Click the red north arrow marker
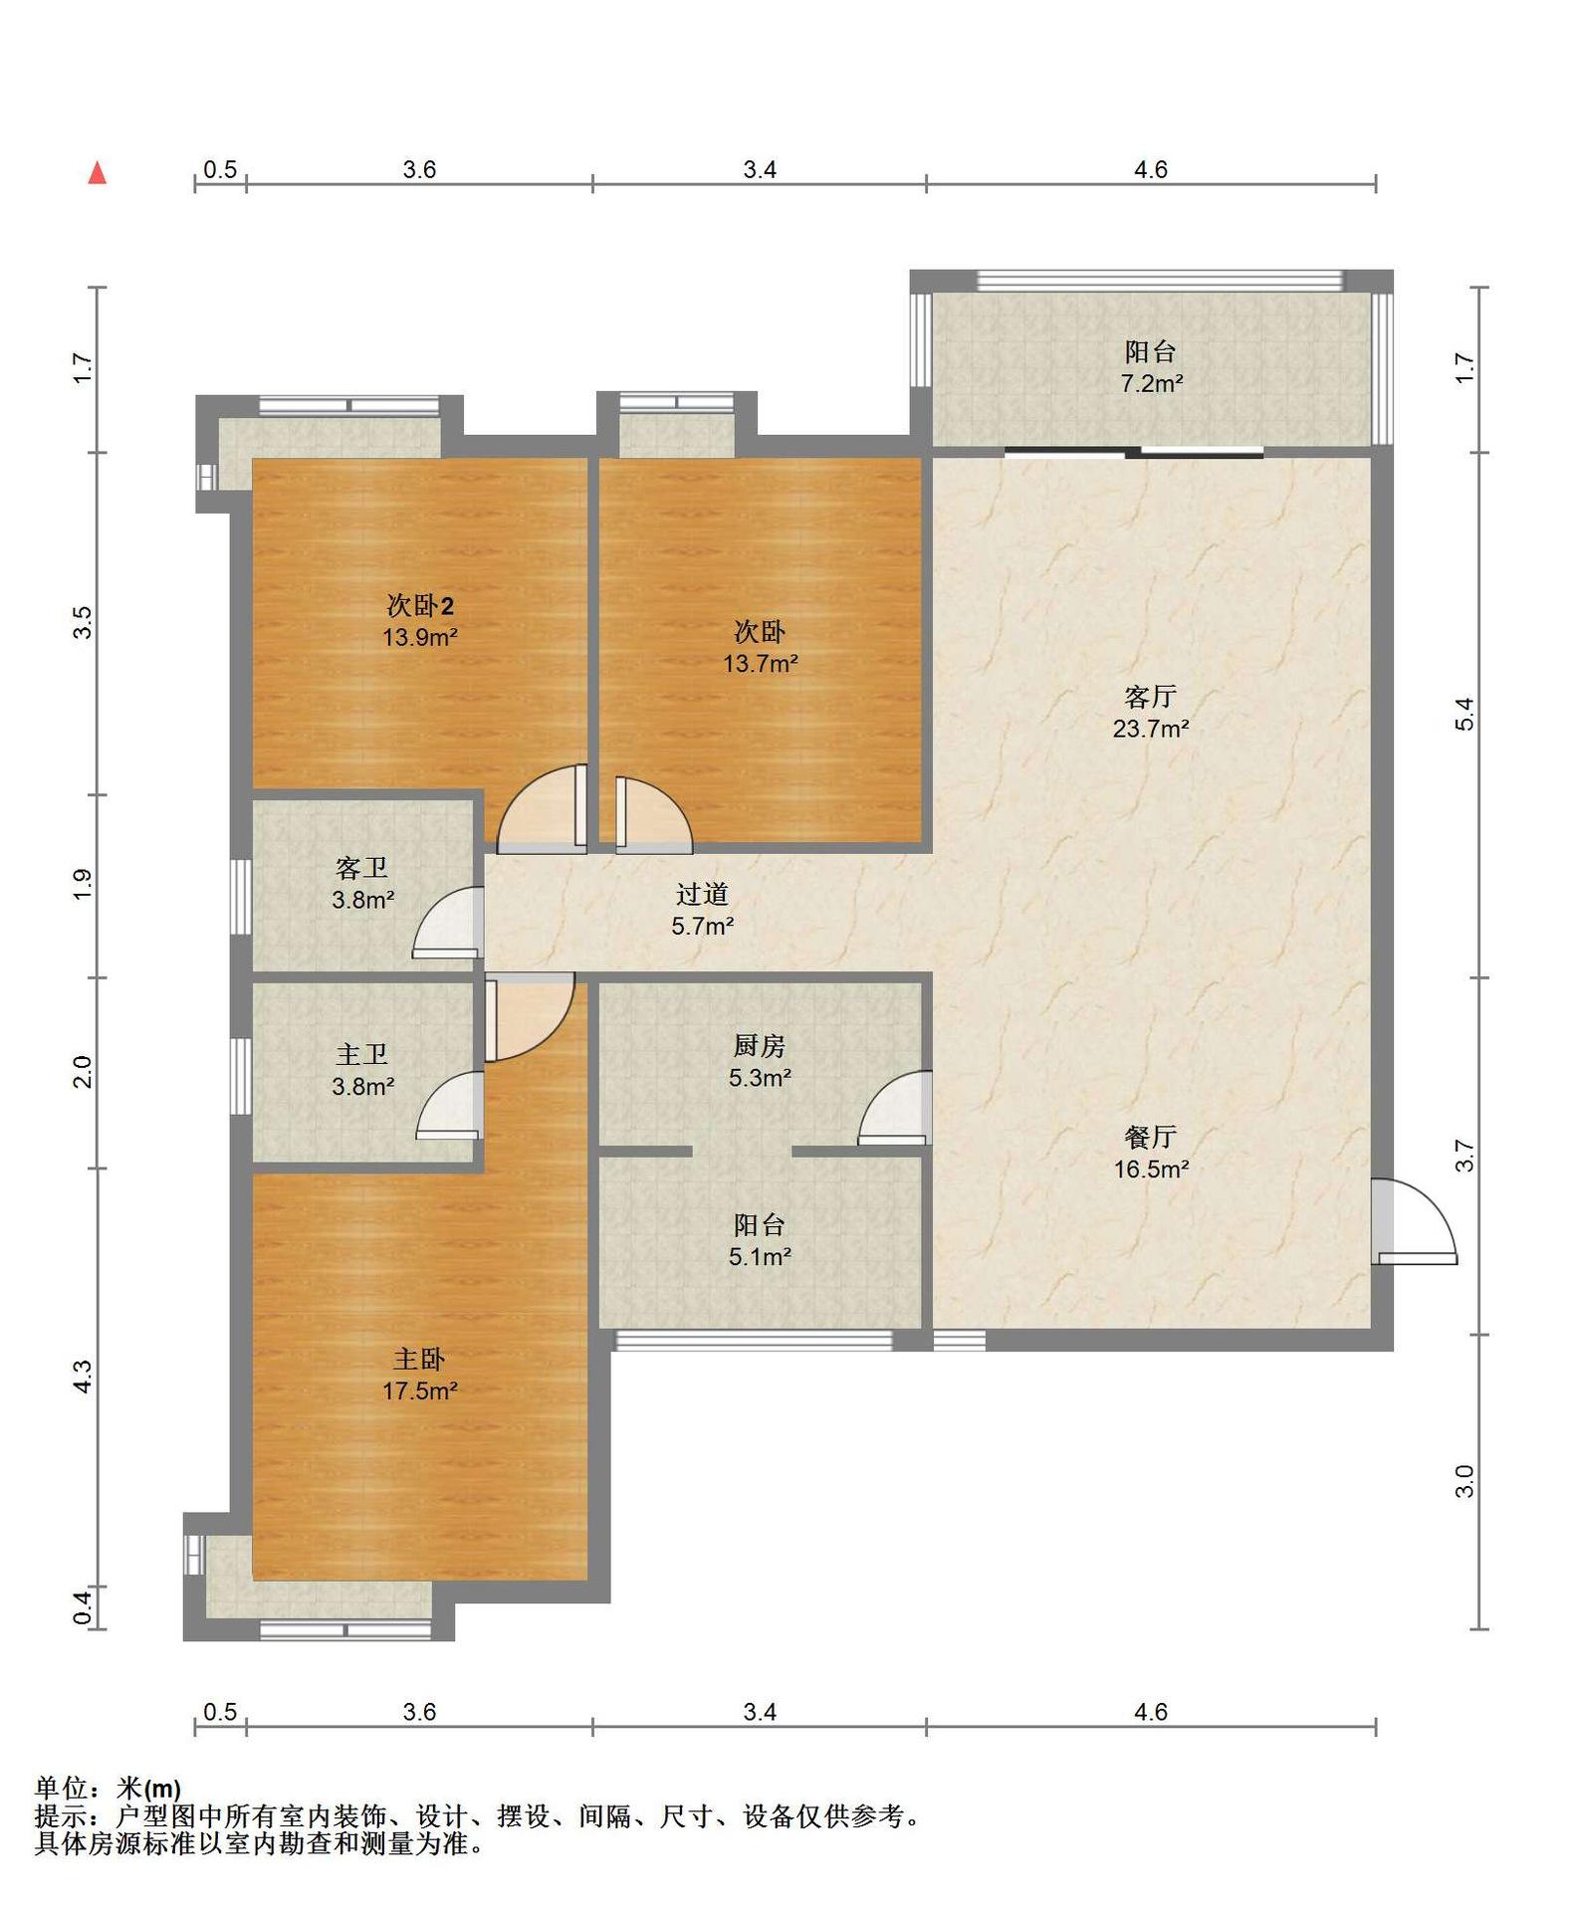(97, 173)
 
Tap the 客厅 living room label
(1150, 696)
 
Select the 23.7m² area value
(1150, 729)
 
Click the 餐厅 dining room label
(1150, 1137)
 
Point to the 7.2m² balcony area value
(1151, 383)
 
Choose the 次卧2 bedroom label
(420, 605)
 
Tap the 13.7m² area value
(760, 663)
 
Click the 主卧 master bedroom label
(419, 1359)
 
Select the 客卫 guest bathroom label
(361, 868)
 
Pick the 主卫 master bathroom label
(361, 1054)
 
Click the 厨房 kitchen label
(760, 1045)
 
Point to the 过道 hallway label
(702, 894)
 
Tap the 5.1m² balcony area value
(760, 1257)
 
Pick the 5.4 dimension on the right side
(1462, 714)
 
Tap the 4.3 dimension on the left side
(83, 1377)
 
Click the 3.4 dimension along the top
(760, 170)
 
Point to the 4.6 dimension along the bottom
(1150, 1712)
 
